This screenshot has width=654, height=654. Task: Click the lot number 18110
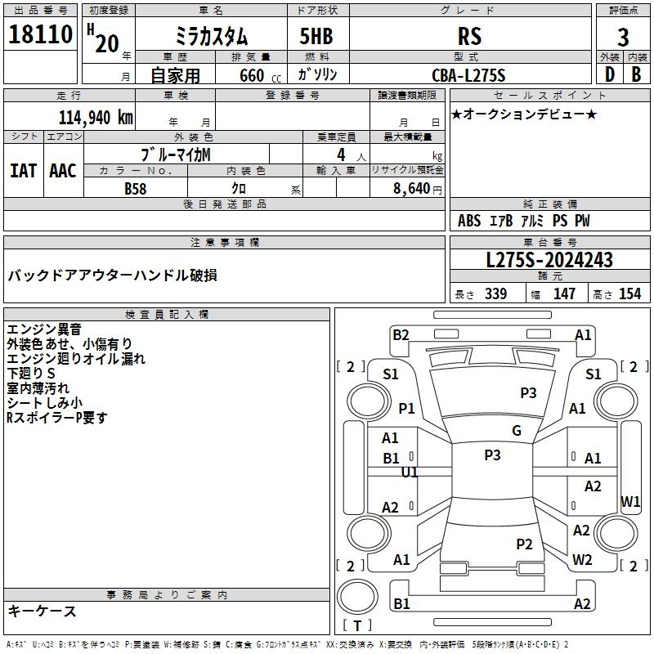click(41, 37)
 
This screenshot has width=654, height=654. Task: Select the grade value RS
click(470, 37)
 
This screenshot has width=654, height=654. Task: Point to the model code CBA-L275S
click(469, 75)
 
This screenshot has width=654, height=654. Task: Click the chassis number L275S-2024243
click(549, 260)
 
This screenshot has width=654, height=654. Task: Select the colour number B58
click(136, 189)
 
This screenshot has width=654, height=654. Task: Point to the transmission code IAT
click(23, 170)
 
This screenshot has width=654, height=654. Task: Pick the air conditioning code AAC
click(62, 170)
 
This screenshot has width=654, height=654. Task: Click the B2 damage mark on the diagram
click(401, 334)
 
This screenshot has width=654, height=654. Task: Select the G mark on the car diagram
click(517, 430)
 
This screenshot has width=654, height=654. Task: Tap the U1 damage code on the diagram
click(410, 472)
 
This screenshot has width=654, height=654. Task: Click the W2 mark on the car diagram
click(582, 560)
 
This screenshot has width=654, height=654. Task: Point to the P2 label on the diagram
click(525, 544)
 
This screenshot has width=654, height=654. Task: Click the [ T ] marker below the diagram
click(356, 625)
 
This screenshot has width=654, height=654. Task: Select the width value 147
click(564, 294)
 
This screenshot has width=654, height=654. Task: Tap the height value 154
click(629, 294)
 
